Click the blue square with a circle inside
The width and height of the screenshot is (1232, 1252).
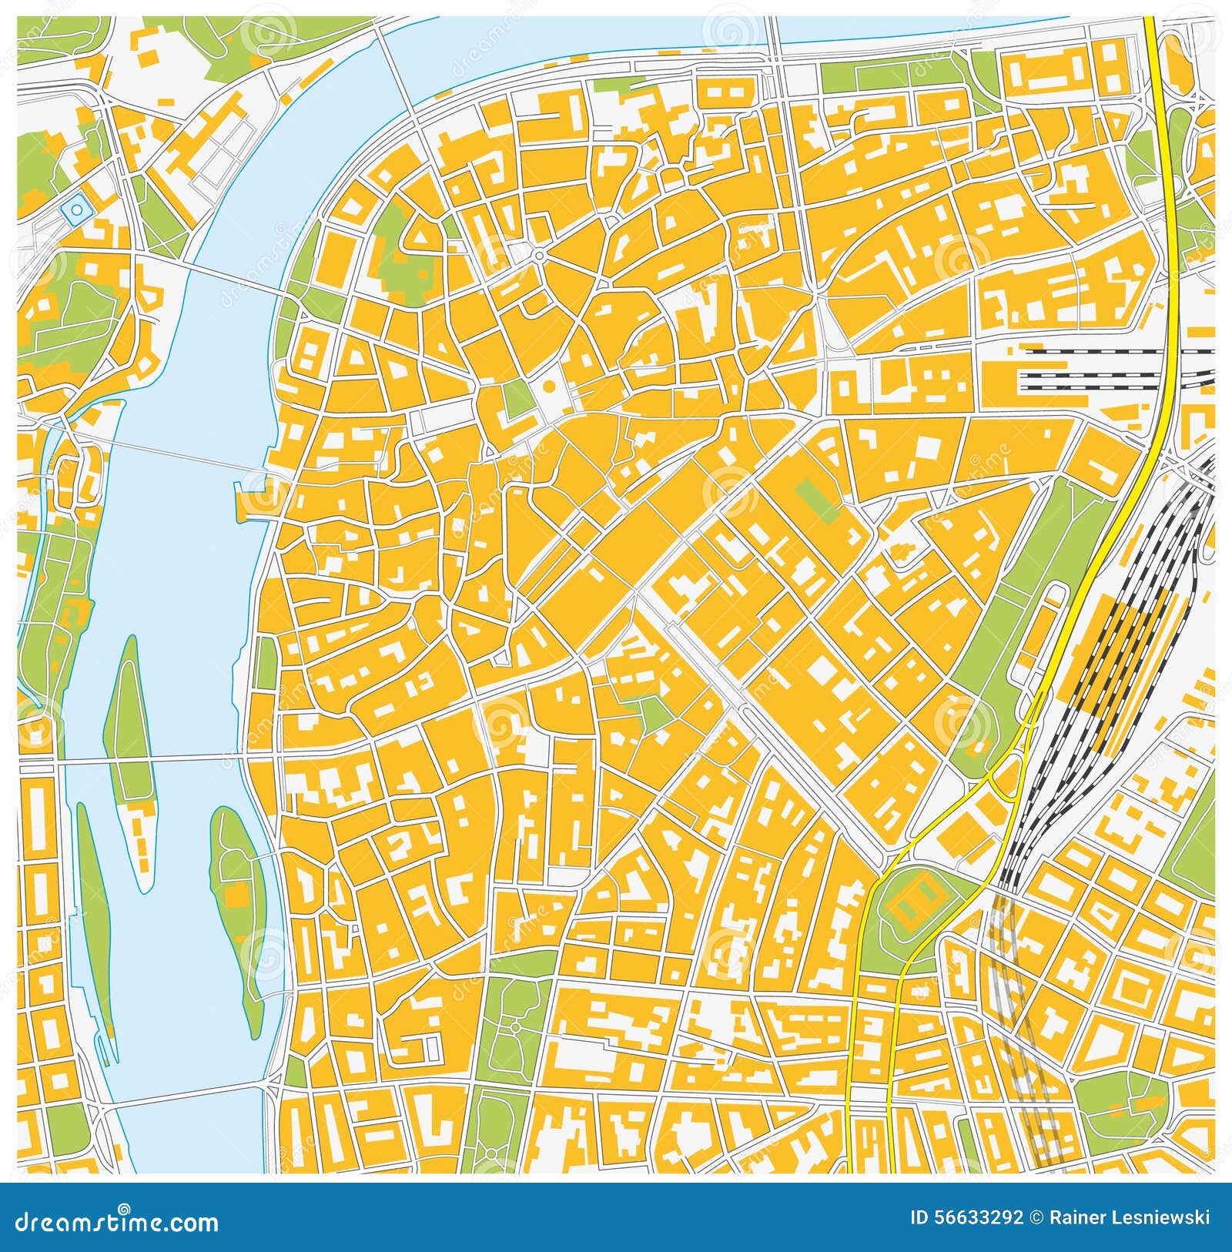[x=75, y=209]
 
